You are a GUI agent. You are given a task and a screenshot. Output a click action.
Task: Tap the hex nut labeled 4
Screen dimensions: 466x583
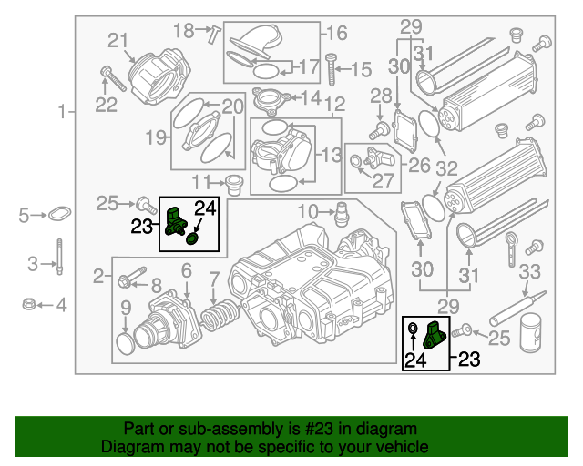click(28, 305)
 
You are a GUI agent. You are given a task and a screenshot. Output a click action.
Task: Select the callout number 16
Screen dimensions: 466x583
click(336, 34)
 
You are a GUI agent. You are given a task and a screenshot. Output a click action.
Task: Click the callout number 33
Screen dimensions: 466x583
click(529, 271)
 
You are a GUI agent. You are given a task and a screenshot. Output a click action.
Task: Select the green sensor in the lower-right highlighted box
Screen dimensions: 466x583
click(435, 335)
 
